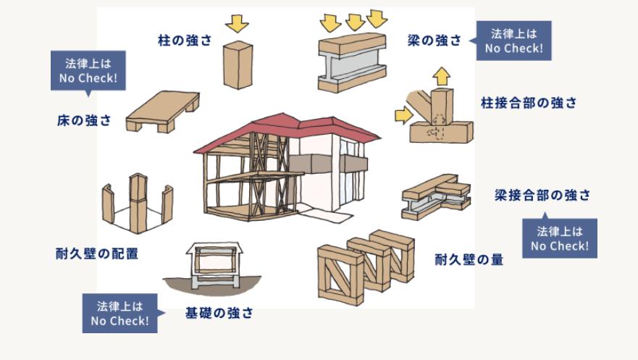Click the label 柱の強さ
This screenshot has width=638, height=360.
pos(185,40)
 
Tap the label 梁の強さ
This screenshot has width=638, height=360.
pos(434,41)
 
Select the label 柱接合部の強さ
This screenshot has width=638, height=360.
pos(529,103)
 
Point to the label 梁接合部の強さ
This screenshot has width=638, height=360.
pos(542,195)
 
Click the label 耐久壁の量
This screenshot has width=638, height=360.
pos(469,259)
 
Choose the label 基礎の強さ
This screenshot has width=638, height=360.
pos(219,314)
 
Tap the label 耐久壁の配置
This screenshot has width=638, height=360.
pos(97,254)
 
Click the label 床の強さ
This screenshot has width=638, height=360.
pos(85,120)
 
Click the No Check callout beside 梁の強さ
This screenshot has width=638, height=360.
pos(513,41)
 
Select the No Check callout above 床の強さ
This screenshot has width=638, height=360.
pos(88,71)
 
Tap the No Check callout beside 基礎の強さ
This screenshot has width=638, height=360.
pos(119,313)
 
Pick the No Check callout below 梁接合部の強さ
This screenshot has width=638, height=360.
pos(559,238)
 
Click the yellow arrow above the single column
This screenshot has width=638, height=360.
pos(236,24)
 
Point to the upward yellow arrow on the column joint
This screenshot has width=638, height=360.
pos(441,75)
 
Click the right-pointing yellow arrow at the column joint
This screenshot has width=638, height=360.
pos(403,114)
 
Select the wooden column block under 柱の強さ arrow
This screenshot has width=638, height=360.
pos(238,64)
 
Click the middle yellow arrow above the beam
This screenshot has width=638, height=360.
pos(354,22)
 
